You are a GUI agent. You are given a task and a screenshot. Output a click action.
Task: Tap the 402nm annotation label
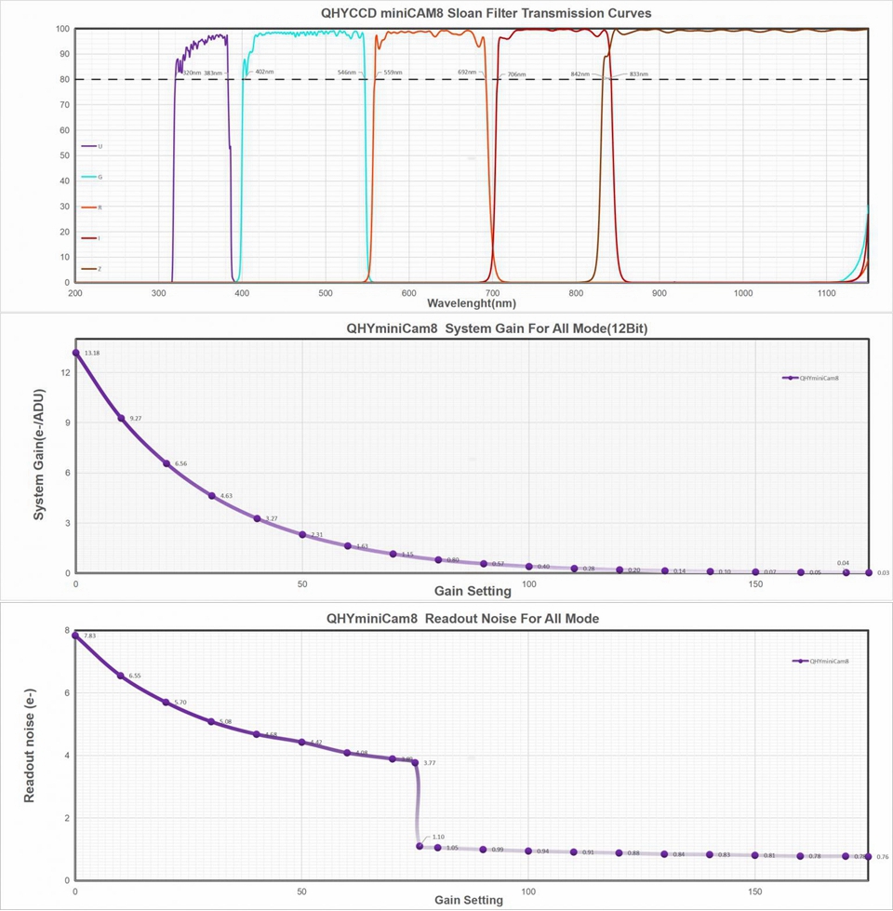tap(265, 72)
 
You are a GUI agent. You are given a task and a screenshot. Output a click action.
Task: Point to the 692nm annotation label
tap(467, 72)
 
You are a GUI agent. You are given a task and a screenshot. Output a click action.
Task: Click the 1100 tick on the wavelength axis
tap(826, 293)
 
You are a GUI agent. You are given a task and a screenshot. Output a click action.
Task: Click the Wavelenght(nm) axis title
tap(472, 303)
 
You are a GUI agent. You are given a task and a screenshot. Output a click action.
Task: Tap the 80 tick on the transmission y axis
tap(65, 79)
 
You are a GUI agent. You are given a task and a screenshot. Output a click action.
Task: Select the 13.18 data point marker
tap(75, 353)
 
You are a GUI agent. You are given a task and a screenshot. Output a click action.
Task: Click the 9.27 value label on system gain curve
tap(136, 419)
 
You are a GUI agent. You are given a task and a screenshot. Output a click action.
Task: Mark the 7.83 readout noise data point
tap(75, 636)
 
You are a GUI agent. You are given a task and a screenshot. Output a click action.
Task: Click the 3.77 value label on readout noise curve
tap(429, 763)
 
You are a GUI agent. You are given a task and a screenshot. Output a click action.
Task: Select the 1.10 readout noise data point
tap(420, 846)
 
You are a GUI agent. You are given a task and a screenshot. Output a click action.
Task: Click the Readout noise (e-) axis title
tap(30, 754)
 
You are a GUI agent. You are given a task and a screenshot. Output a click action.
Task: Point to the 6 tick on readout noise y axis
tap(67, 693)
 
